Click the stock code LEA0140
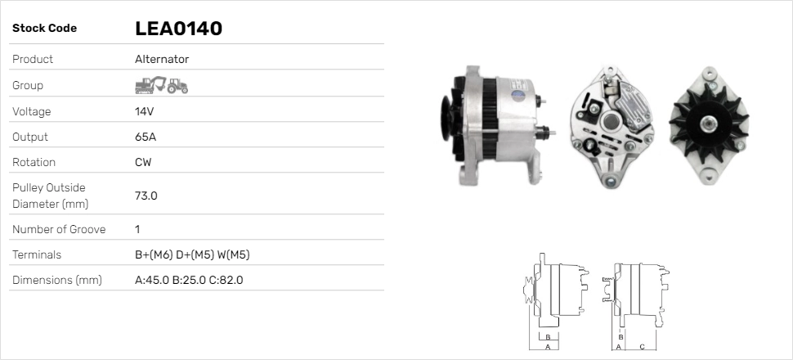click(x=178, y=29)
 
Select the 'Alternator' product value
click(x=161, y=59)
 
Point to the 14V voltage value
click(x=144, y=111)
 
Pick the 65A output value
click(x=145, y=137)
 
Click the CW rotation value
click(x=143, y=162)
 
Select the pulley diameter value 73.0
click(x=146, y=196)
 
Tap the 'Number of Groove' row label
click(x=59, y=229)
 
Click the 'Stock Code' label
click(x=44, y=29)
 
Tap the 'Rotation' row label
click(x=36, y=162)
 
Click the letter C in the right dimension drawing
click(x=642, y=346)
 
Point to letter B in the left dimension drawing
click(x=549, y=336)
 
